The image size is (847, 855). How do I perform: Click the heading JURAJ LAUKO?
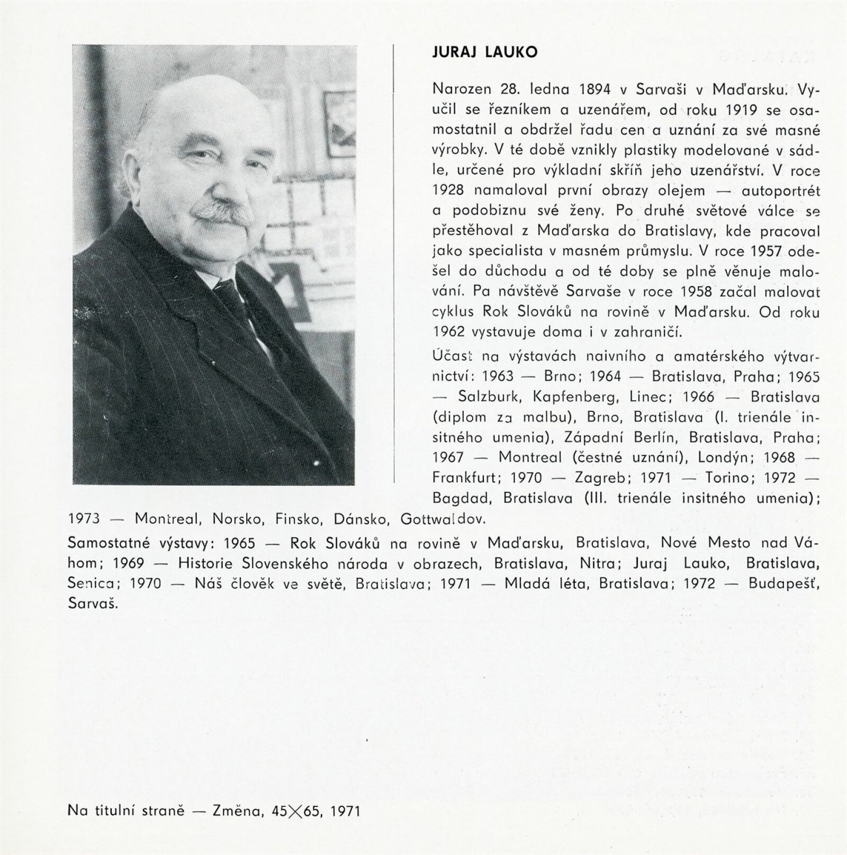tap(484, 52)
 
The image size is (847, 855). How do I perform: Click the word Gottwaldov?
tap(443, 518)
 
